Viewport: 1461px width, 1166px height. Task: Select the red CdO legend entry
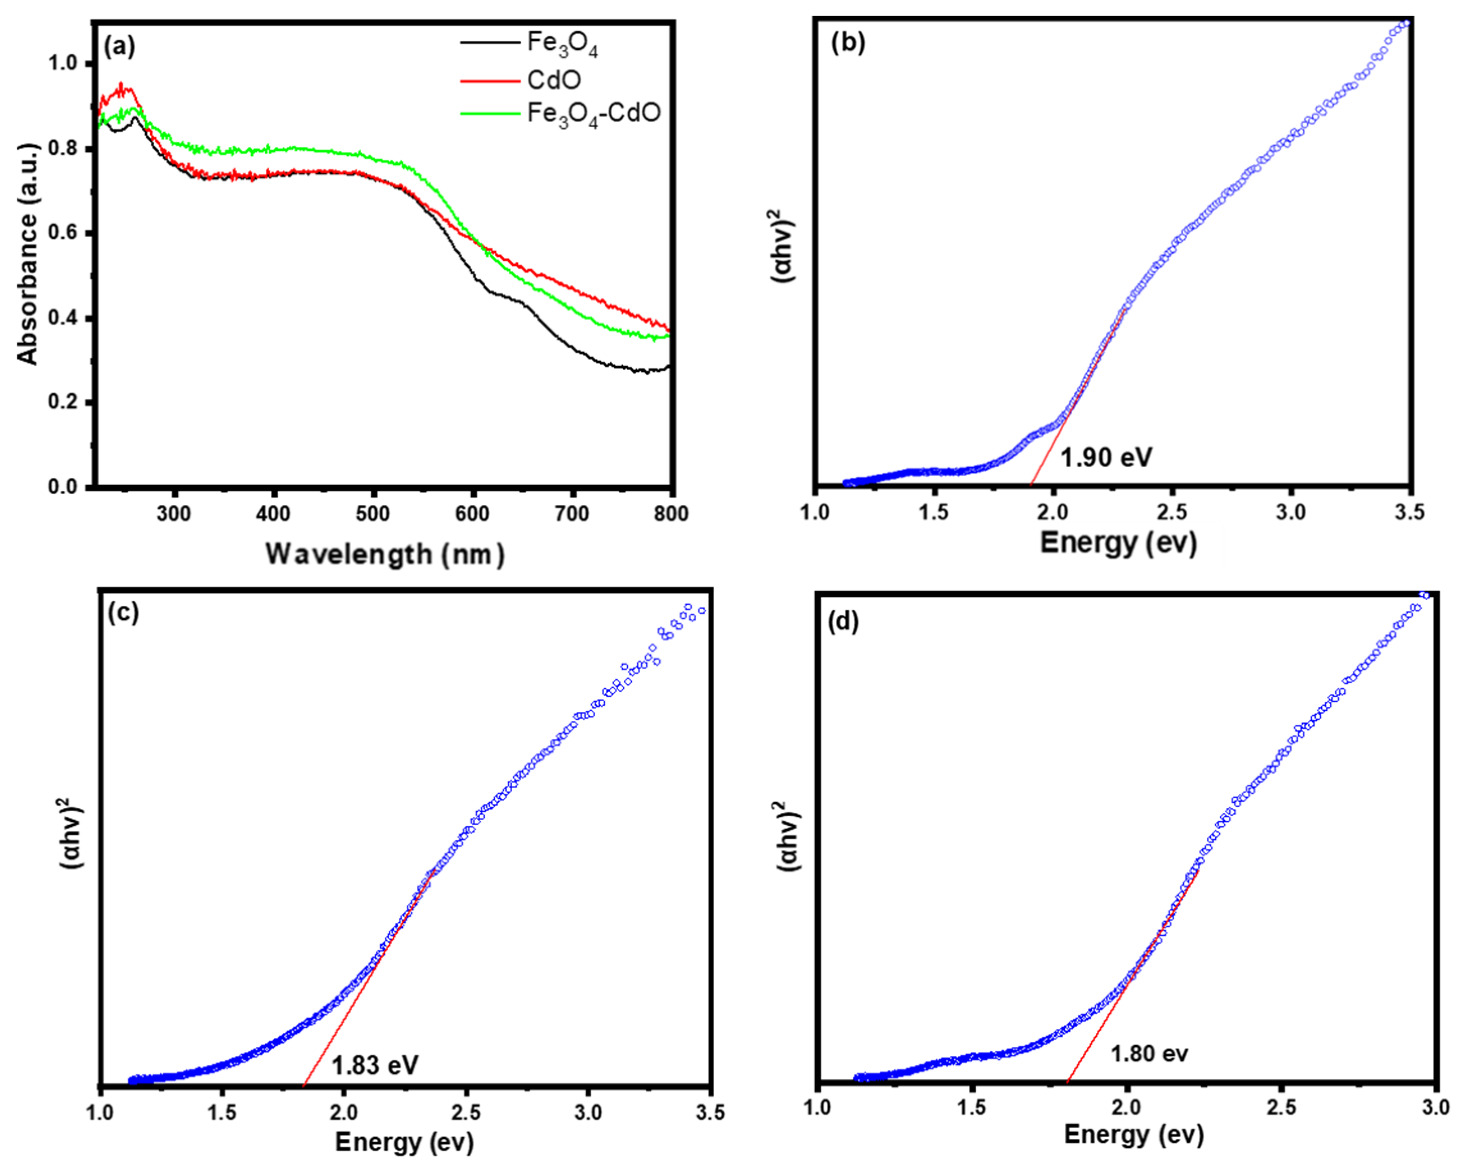point(554,80)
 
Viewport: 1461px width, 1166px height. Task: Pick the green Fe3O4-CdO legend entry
point(593,113)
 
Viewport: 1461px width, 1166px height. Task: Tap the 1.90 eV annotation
point(1105,457)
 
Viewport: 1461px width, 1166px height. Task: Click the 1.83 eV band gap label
point(374,1065)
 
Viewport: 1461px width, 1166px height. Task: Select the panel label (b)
point(848,43)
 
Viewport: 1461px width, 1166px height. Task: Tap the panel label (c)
point(124,612)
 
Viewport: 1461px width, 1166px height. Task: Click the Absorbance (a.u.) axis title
point(28,254)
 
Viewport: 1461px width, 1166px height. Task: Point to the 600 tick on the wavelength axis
point(472,514)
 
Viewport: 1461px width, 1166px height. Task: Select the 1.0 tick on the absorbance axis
point(63,63)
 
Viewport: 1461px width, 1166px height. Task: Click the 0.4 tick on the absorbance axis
point(63,318)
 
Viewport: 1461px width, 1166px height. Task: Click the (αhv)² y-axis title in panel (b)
point(785,246)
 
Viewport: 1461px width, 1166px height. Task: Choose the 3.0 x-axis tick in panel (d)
point(1435,1107)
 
